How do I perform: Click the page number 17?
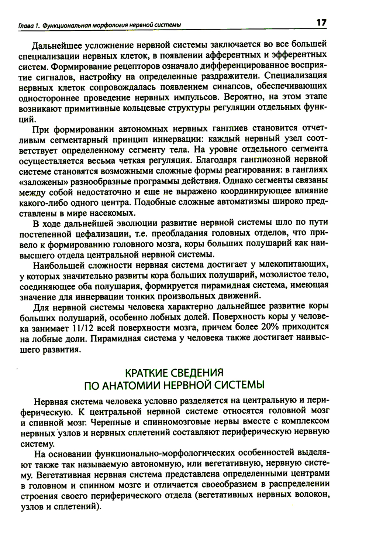pos(321,23)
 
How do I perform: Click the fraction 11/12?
pos(85,328)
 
